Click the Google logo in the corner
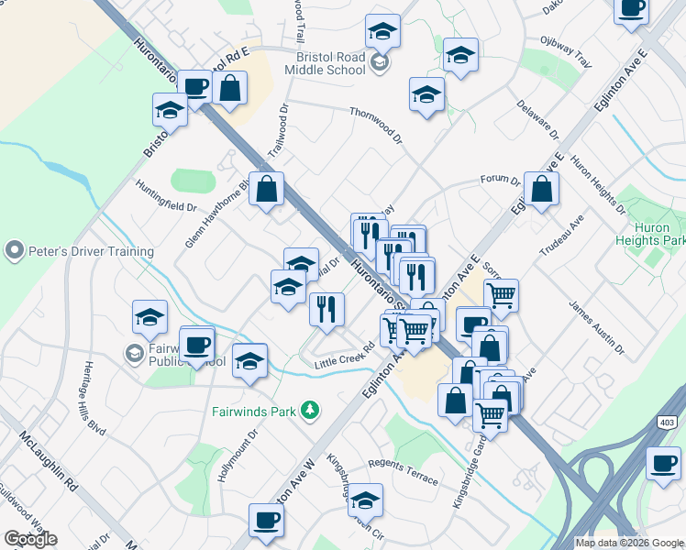click(30, 539)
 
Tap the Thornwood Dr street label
click(376, 124)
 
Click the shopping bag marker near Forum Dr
click(541, 189)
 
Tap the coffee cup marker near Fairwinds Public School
click(197, 345)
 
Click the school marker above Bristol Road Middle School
click(382, 32)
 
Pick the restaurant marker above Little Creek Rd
click(326, 309)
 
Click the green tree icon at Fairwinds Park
click(312, 410)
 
